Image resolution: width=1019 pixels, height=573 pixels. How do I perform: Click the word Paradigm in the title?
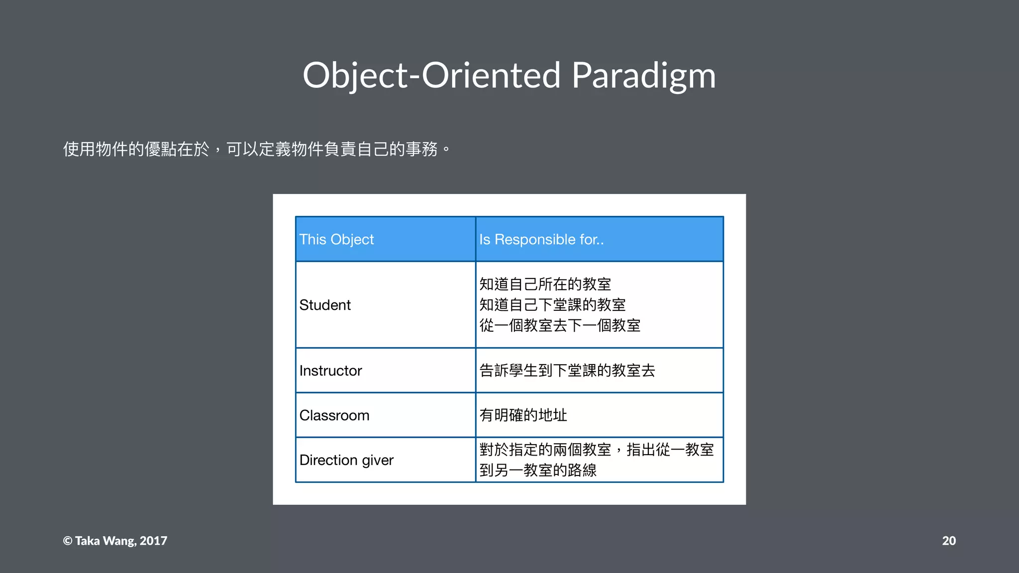[x=643, y=76]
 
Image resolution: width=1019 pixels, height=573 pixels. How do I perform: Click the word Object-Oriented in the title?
[x=431, y=76]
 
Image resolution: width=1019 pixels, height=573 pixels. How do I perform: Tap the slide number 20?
[x=948, y=541]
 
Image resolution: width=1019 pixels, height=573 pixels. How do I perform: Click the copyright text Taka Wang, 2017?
[x=121, y=541]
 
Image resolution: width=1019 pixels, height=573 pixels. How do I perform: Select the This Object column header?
[x=336, y=239]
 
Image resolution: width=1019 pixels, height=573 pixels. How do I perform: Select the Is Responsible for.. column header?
[x=541, y=239]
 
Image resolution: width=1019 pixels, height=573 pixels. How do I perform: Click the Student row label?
[x=325, y=305]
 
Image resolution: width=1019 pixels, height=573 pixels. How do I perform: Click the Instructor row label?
[x=330, y=371]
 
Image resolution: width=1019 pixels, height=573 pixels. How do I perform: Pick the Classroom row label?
[x=334, y=415]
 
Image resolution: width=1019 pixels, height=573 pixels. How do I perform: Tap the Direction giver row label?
[x=346, y=460]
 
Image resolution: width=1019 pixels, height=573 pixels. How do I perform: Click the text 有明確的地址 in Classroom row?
[x=523, y=415]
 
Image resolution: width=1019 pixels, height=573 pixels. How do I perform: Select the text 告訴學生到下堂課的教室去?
[x=567, y=371]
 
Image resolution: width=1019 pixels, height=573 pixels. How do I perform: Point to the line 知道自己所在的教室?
[x=545, y=284]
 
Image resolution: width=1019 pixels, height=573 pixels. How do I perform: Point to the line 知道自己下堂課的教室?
[x=552, y=304]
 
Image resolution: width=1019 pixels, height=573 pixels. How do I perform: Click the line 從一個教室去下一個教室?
[x=560, y=325]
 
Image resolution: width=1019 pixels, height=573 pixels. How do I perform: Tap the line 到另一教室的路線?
[x=538, y=470]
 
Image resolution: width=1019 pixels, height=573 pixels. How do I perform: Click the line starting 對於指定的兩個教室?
[x=596, y=450]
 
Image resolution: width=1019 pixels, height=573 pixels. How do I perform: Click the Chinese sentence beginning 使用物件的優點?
[x=256, y=149]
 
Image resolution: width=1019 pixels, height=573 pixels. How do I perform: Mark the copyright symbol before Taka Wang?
[x=68, y=541]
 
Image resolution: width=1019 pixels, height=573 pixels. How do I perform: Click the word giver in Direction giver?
[x=378, y=461]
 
